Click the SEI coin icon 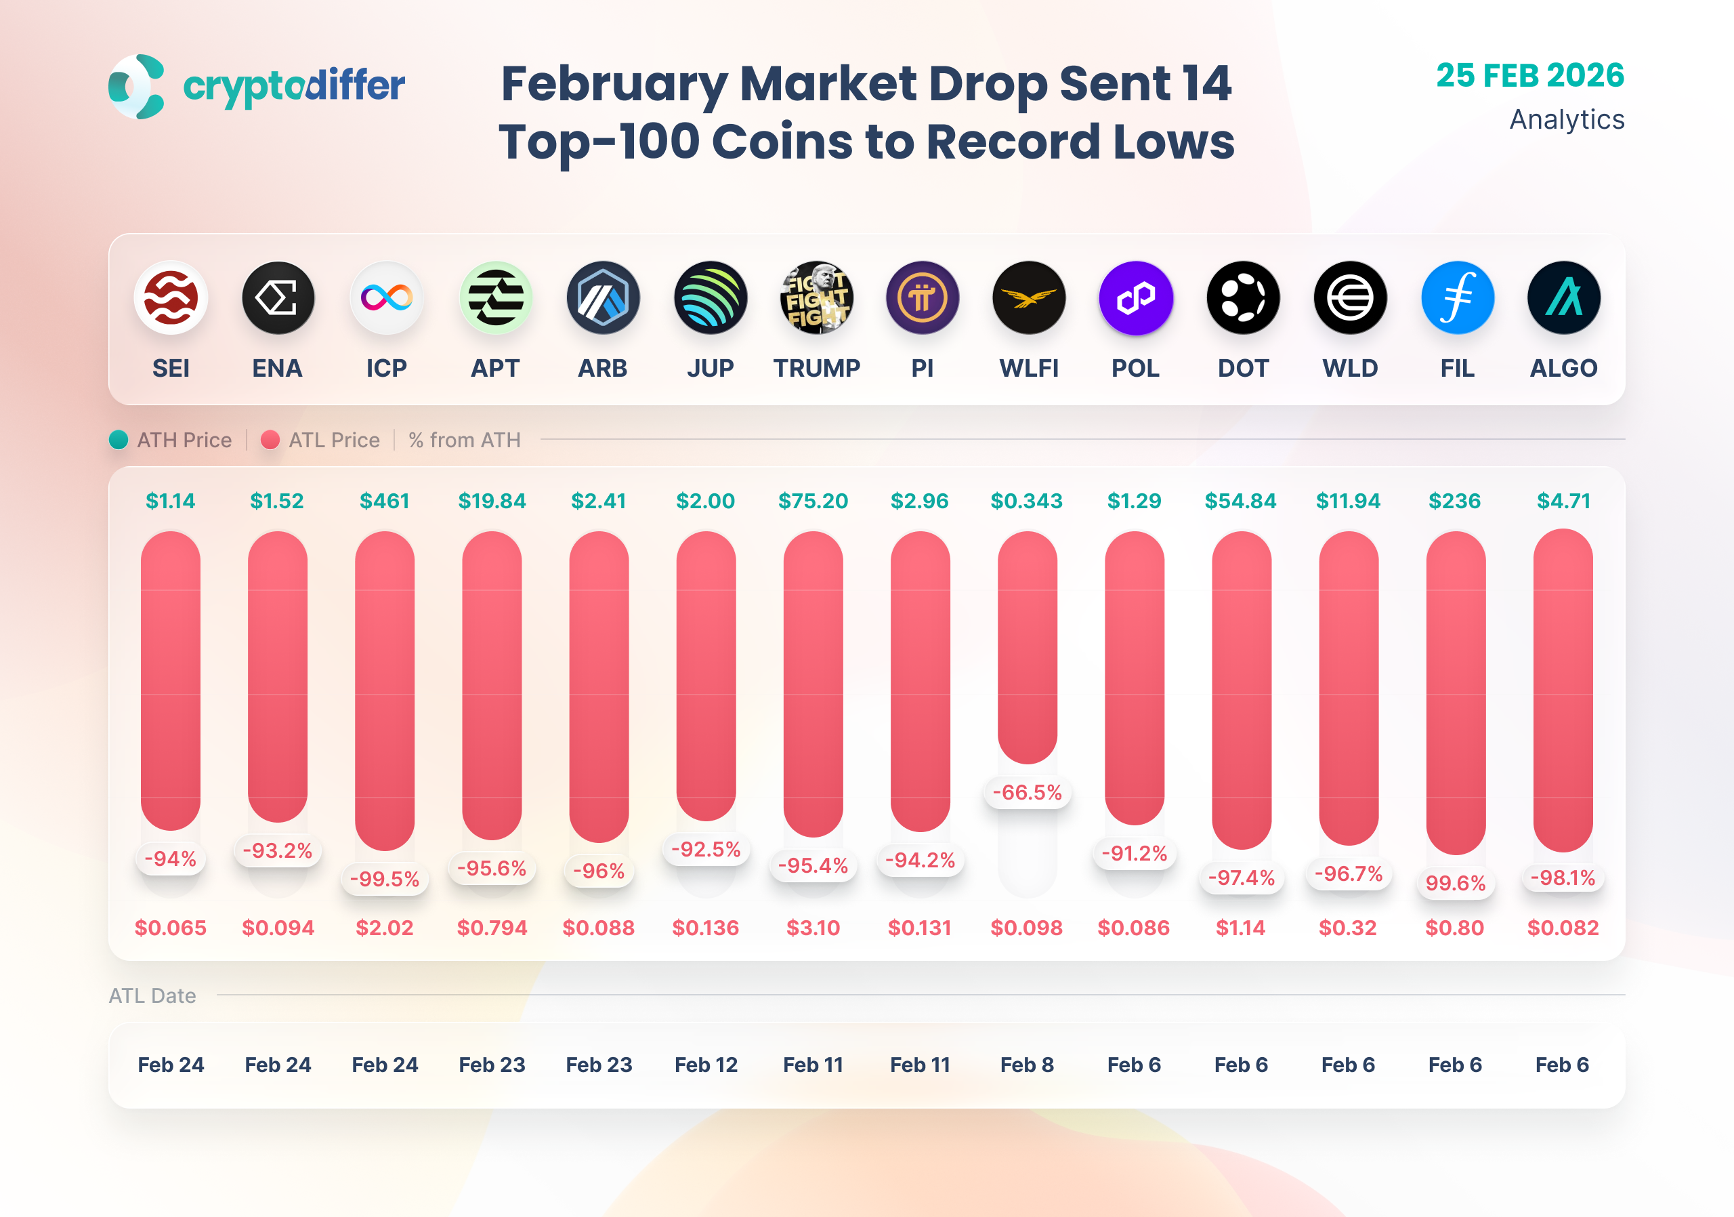coord(171,297)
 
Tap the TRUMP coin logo coord(816,297)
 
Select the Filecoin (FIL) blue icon coord(1457,297)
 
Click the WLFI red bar coord(1027,646)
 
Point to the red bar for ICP coord(385,690)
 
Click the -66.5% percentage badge coord(1027,792)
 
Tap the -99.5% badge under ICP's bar coord(385,879)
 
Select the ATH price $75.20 coord(813,501)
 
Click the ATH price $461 coord(385,501)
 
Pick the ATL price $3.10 coord(813,928)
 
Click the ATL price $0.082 coord(1563,928)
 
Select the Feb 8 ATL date coord(1027,1065)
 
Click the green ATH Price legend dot coord(119,440)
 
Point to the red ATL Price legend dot coord(270,440)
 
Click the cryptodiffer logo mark coord(137,86)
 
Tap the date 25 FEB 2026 coord(1529,75)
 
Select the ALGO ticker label coord(1563,368)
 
